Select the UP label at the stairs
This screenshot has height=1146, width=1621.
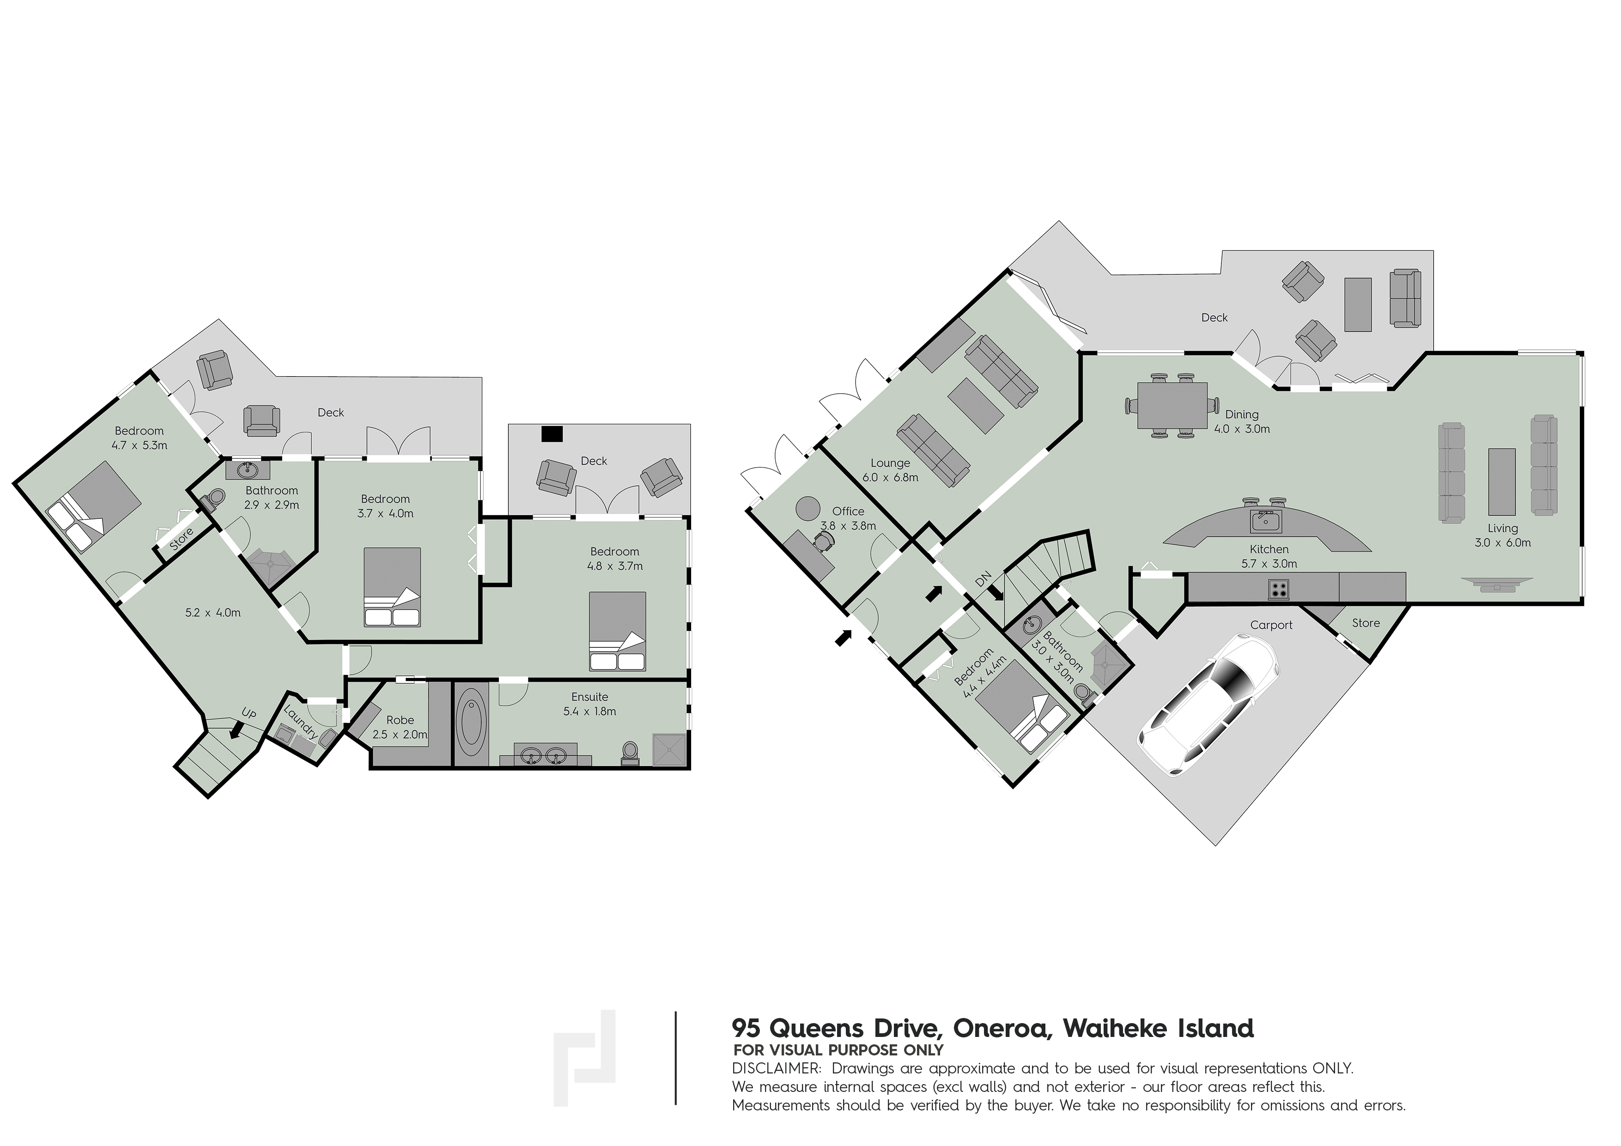tap(249, 714)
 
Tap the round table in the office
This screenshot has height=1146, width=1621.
tap(807, 508)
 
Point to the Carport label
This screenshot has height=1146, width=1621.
tap(1271, 625)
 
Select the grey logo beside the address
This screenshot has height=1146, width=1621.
tap(584, 1059)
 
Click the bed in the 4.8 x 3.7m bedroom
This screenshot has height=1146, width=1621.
tap(618, 631)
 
